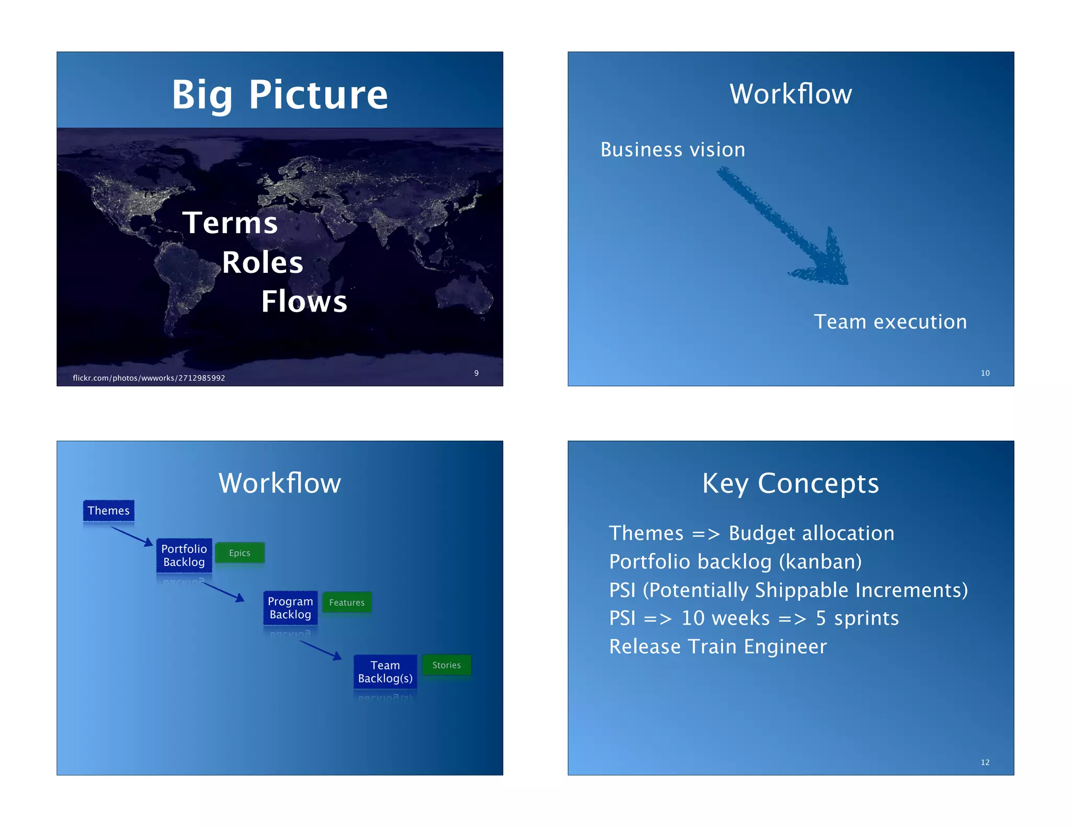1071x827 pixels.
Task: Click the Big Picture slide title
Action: [x=280, y=95]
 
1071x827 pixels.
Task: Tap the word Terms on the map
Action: [x=230, y=223]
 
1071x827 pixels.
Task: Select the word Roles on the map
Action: [x=263, y=262]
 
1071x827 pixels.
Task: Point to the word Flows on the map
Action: [x=304, y=302]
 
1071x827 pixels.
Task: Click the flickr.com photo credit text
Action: [x=149, y=378]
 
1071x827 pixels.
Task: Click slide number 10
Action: [x=985, y=373]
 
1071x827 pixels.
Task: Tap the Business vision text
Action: [x=673, y=150]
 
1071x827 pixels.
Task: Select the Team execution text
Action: [x=890, y=322]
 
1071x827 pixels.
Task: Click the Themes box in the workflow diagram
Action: [x=109, y=511]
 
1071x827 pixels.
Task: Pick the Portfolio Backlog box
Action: [x=184, y=555]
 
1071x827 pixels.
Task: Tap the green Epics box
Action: [x=240, y=553]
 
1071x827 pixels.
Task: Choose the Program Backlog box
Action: [x=290, y=608]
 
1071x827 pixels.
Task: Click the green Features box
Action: [x=347, y=603]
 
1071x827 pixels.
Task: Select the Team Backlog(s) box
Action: [x=385, y=672]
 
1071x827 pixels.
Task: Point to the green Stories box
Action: [x=447, y=665]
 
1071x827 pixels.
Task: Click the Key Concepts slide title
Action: [x=790, y=484]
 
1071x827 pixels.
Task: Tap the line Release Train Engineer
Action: [x=718, y=647]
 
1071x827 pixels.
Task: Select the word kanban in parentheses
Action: [x=820, y=562]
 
